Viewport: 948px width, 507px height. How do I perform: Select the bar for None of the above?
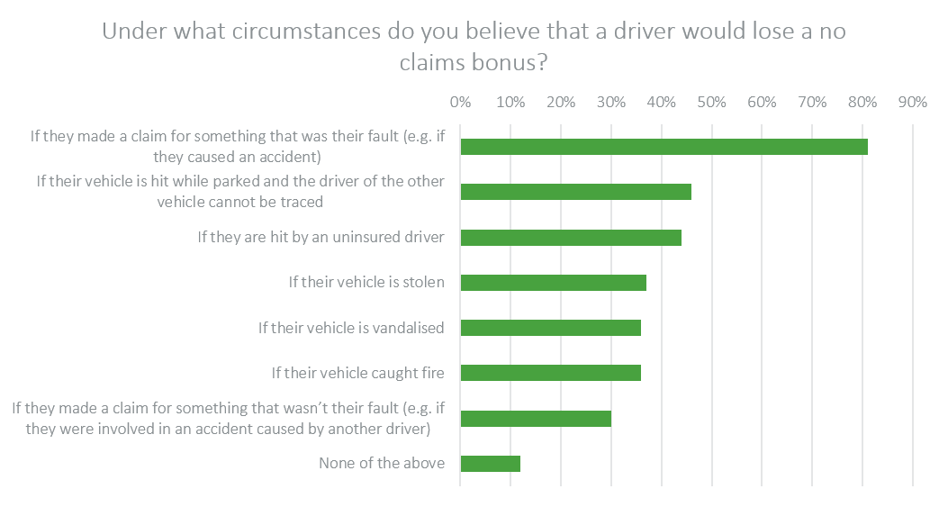pos(490,464)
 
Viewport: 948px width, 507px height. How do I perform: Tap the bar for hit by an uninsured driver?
pos(570,238)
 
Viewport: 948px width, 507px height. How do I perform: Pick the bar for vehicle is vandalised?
pos(550,328)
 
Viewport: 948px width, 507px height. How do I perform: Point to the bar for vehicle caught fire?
pos(550,373)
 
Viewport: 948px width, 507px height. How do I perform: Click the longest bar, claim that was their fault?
pos(664,147)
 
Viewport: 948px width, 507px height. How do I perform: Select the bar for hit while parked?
pos(575,192)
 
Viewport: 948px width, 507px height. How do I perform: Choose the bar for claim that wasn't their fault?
pos(535,419)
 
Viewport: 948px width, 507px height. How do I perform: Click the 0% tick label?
pos(460,102)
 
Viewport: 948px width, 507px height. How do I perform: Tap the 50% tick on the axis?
pos(711,102)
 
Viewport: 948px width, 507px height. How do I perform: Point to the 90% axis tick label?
pos(912,102)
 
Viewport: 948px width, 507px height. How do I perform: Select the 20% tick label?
pos(561,102)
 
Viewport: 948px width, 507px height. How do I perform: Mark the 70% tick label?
pos(812,102)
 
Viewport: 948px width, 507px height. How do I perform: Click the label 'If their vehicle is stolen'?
pos(366,283)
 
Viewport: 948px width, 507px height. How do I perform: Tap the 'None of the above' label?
pos(382,464)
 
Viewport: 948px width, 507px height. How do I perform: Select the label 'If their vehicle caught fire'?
pos(358,373)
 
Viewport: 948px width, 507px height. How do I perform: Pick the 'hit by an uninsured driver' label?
pos(321,238)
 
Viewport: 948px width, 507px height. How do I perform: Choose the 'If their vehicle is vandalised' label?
pos(351,328)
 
